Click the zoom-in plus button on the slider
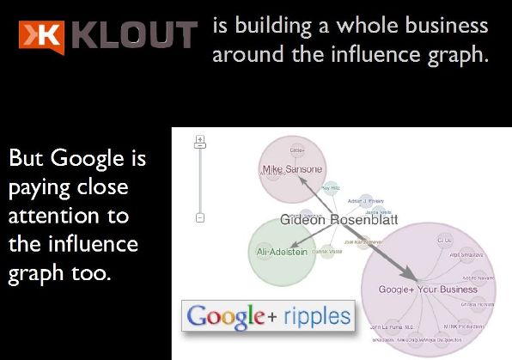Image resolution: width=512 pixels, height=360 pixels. [199, 138]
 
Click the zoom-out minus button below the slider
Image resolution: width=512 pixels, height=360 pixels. [199, 218]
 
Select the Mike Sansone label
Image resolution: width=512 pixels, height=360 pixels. [290, 168]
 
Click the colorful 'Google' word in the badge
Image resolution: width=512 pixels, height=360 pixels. [224, 316]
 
